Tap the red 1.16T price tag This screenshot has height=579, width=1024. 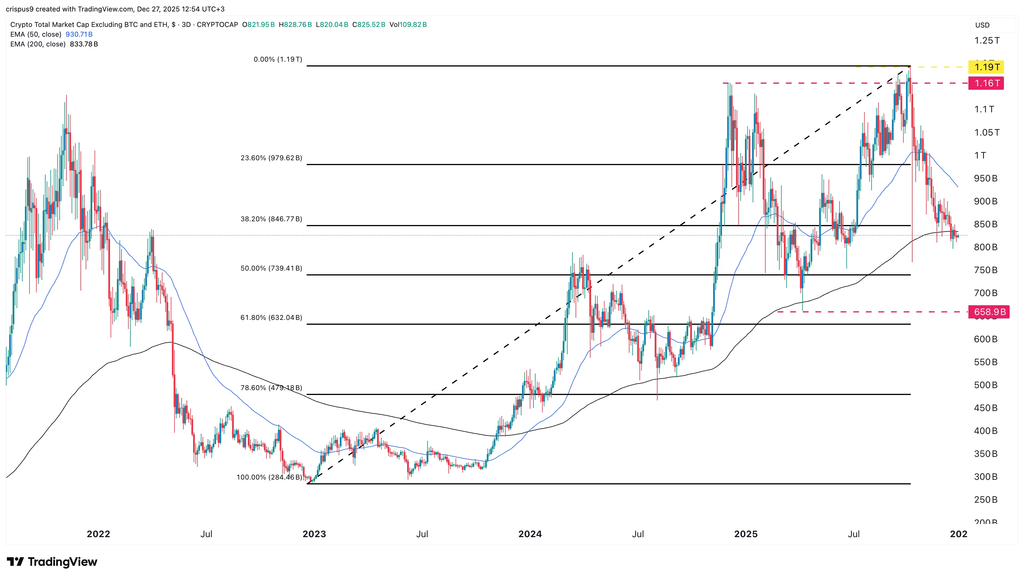click(986, 83)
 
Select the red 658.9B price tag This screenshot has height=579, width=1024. click(989, 312)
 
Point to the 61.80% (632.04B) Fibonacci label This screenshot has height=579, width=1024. click(271, 317)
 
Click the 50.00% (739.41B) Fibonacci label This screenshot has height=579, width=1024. click(271, 268)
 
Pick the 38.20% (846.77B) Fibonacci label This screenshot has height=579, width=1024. click(271, 219)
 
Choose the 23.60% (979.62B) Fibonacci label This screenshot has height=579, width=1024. click(271, 158)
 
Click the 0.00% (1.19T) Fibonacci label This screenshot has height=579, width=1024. click(278, 59)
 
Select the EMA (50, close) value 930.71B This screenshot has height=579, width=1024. click(79, 34)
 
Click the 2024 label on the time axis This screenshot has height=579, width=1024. click(530, 534)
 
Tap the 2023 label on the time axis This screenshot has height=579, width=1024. click(314, 534)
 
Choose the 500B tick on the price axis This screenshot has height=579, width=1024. click(985, 385)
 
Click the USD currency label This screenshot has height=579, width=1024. click(982, 25)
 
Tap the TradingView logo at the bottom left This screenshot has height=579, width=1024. click(52, 562)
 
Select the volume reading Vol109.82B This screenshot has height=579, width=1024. click(408, 25)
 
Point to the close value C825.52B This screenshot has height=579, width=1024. click(368, 25)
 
